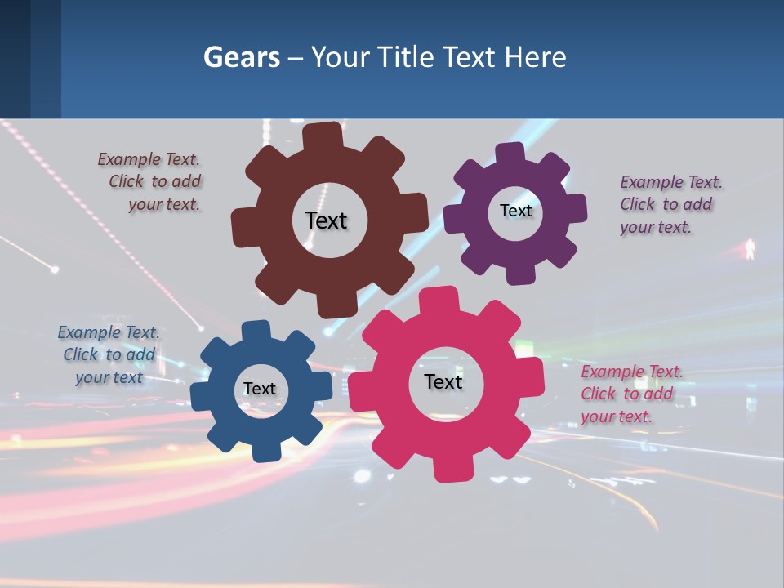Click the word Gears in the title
click(x=241, y=57)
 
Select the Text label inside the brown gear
click(x=326, y=220)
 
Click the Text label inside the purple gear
click(x=515, y=211)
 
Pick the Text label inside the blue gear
click(x=259, y=389)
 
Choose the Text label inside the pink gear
click(x=443, y=381)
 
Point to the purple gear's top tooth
click(x=510, y=153)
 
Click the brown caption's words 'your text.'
click(x=164, y=204)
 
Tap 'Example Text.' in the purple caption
click(x=671, y=182)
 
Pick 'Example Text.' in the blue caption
click(x=109, y=332)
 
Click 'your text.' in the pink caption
click(x=617, y=416)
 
